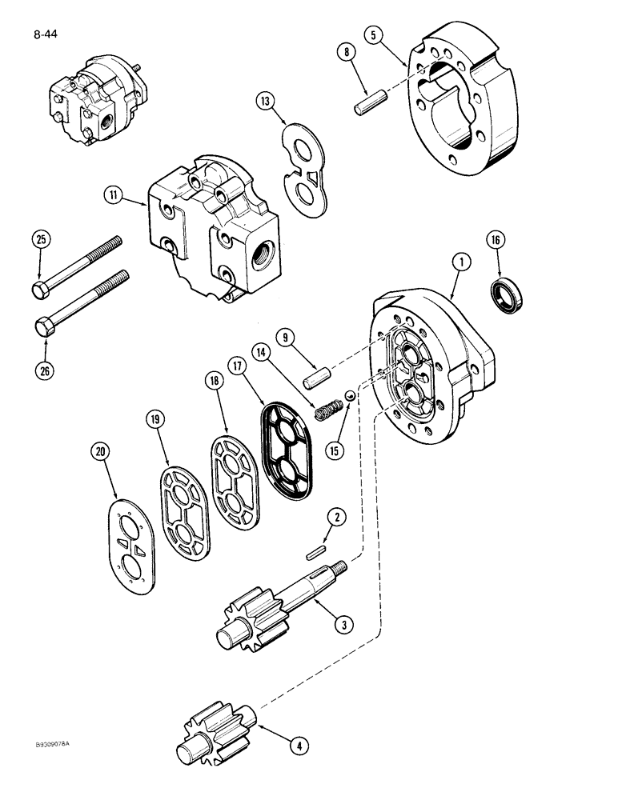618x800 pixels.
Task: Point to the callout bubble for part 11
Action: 114,194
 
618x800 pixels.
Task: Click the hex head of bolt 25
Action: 41,289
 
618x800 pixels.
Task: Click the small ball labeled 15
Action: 349,396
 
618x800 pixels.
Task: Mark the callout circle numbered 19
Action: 155,418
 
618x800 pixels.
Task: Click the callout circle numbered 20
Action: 100,453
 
